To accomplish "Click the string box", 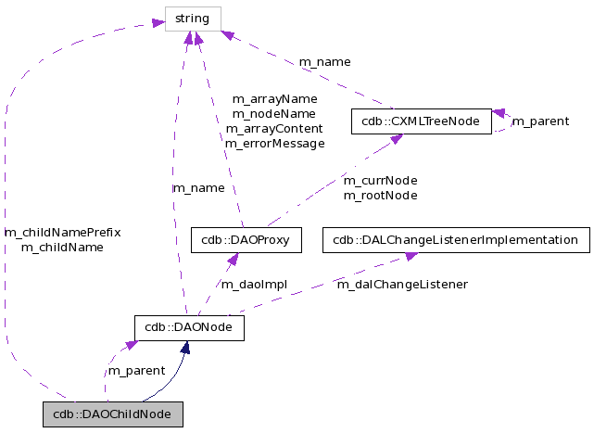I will [x=193, y=19].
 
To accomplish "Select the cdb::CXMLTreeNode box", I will [x=421, y=121].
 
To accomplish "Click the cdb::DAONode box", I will [x=189, y=327].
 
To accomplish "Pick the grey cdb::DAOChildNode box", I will [x=112, y=414].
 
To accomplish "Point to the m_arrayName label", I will [x=274, y=98].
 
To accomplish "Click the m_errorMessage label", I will [x=274, y=144].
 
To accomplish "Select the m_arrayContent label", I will [x=274, y=129].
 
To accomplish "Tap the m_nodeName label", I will [x=274, y=113].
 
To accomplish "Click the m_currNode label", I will [x=380, y=180].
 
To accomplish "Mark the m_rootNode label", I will [x=380, y=195].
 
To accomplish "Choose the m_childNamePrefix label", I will [x=63, y=232].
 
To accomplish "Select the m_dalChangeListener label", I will [x=401, y=284].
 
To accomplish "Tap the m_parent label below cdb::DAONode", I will [x=136, y=370].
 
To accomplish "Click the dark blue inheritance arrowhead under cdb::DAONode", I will [x=186, y=348].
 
